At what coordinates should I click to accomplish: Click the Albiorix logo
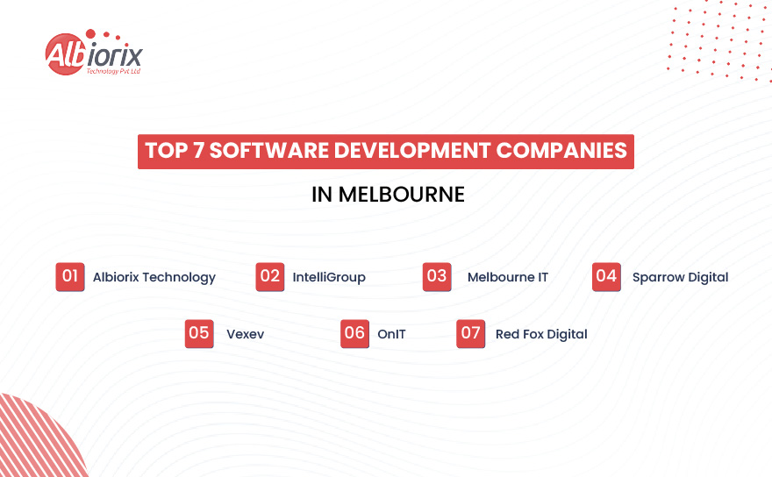tap(92, 54)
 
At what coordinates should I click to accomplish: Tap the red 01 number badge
tap(70, 277)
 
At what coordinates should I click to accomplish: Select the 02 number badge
tap(270, 277)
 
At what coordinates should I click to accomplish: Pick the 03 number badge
tap(437, 277)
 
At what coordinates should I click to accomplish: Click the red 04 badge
tap(606, 277)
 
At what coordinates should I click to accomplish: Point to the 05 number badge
tap(199, 333)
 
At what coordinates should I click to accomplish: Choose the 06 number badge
tap(354, 333)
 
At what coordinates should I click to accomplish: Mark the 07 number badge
tap(471, 333)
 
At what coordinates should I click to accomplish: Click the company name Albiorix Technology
tap(154, 277)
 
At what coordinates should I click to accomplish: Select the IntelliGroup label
tap(329, 277)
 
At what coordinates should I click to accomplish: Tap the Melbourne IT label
tap(508, 277)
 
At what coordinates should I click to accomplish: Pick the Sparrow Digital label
tap(681, 277)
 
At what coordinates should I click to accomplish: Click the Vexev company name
tap(245, 334)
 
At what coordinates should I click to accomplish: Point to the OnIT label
tap(391, 334)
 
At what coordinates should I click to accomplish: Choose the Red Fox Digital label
tap(541, 334)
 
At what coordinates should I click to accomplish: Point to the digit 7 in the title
tap(198, 151)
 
